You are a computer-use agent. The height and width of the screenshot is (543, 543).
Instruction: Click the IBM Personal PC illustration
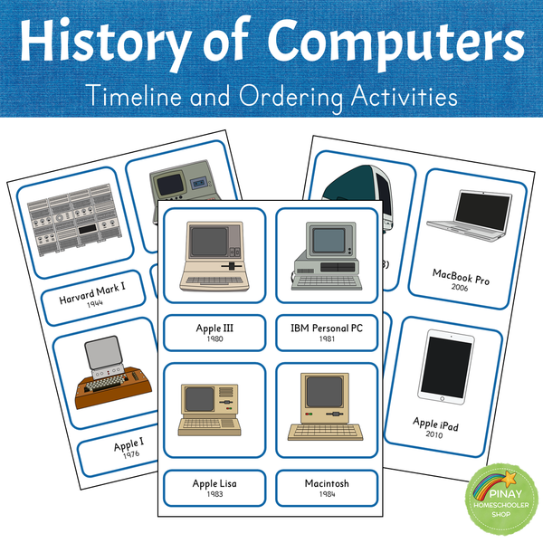click(322, 258)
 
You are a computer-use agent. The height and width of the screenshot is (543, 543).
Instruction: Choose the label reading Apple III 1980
click(214, 330)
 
